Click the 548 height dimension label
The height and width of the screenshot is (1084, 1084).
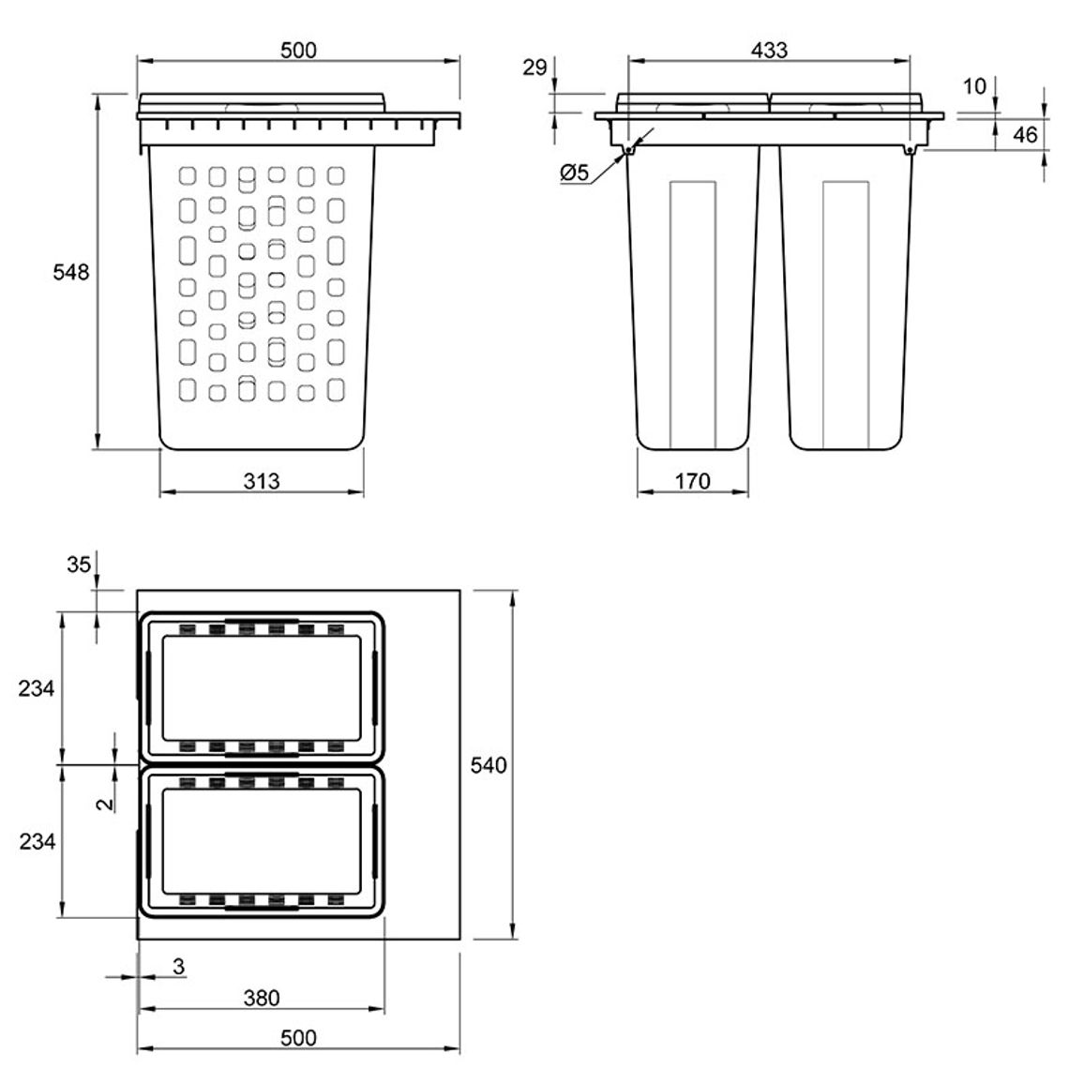[x=71, y=272]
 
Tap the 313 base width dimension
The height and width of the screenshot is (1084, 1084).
[x=262, y=480]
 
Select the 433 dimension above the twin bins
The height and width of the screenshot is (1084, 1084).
[x=769, y=50]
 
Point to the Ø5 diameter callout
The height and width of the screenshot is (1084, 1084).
[x=574, y=172]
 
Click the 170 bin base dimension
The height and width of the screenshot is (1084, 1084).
[x=692, y=480]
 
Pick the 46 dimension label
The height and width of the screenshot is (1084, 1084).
[x=1025, y=135]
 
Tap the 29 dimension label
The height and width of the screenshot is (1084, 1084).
[x=534, y=68]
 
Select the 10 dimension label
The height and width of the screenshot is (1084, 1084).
[x=974, y=86]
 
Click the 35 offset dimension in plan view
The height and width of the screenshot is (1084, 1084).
[x=79, y=565]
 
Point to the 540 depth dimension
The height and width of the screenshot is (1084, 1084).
[x=488, y=765]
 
